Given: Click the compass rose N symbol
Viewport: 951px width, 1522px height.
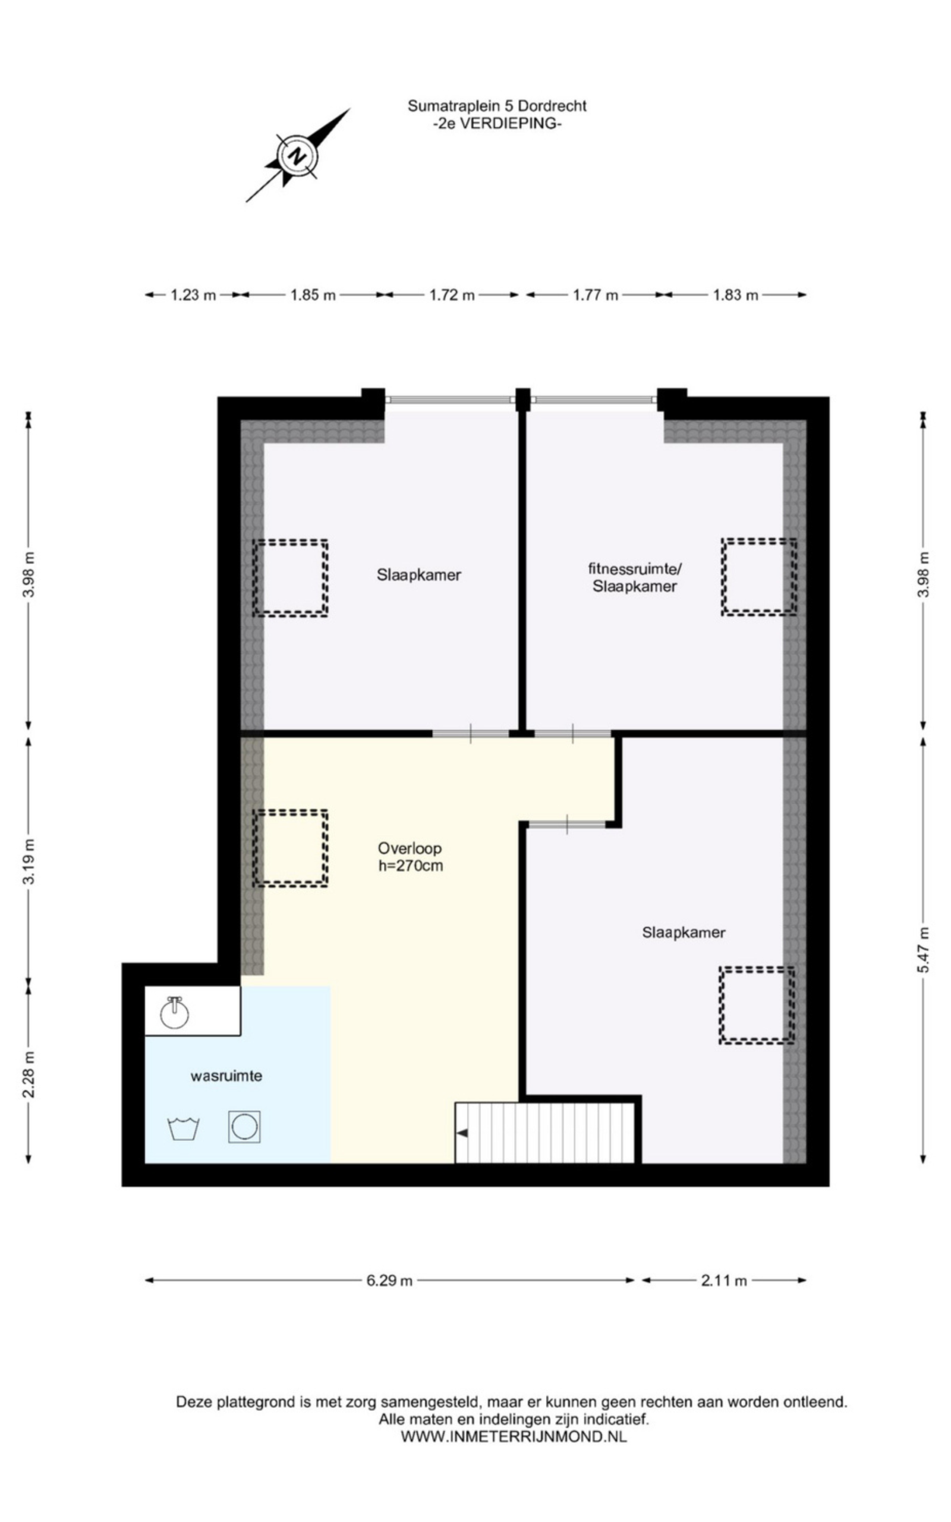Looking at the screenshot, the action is click(x=297, y=155).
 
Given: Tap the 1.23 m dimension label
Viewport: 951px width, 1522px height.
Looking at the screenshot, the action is click(x=194, y=295).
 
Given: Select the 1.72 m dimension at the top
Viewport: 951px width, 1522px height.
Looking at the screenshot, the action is click(x=452, y=295).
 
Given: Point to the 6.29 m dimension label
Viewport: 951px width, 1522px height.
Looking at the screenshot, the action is click(x=390, y=1281).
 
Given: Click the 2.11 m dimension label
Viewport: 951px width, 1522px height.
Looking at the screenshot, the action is click(x=724, y=1281).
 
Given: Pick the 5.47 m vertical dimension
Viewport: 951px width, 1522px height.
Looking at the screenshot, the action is click(x=922, y=949).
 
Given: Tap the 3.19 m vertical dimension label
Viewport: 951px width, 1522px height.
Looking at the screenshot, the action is click(x=29, y=861).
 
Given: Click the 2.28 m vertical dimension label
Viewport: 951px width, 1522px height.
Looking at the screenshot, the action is click(x=29, y=1075).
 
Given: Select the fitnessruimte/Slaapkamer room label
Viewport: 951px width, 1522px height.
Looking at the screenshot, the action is click(x=635, y=577).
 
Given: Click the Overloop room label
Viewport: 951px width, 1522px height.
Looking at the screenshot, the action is click(x=410, y=848).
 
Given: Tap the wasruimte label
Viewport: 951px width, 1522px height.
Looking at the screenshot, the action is click(x=226, y=1076).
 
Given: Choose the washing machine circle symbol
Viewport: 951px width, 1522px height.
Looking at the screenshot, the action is click(x=245, y=1127).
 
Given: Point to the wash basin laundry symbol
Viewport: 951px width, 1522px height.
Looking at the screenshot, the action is click(x=184, y=1128).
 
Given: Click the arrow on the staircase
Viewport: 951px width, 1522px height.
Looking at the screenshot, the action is click(x=462, y=1133).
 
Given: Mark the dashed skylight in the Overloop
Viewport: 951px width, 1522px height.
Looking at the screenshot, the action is click(x=291, y=848).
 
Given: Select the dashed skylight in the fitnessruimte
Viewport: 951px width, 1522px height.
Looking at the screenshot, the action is click(x=759, y=577).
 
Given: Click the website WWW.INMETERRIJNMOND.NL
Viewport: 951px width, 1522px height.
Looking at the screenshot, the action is click(x=514, y=1436).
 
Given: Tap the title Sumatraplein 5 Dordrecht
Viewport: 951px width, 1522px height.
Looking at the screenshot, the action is click(x=497, y=106).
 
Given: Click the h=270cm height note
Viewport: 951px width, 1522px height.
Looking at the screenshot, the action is click(x=411, y=866).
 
